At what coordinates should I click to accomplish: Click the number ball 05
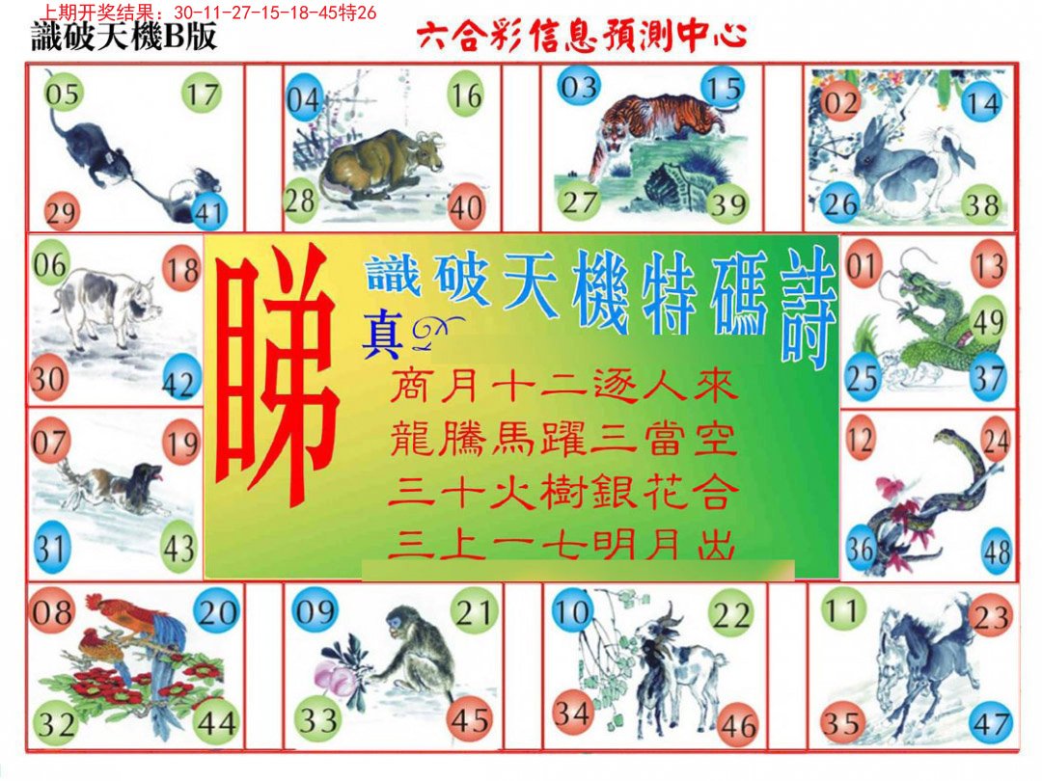[x=63, y=93]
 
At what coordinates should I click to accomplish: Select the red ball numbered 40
[x=466, y=205]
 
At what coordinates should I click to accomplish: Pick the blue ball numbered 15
[x=723, y=88]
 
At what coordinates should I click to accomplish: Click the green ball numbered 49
[x=987, y=322]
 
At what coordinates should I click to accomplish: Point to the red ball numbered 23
[x=991, y=615]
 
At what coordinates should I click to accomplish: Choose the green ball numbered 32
[x=55, y=722]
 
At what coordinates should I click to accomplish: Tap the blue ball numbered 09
[x=315, y=609]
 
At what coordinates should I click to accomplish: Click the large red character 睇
[x=276, y=374]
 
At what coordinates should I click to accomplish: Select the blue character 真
[x=381, y=337]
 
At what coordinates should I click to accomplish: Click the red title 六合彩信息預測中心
[x=583, y=36]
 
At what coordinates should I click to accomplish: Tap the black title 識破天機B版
[x=124, y=36]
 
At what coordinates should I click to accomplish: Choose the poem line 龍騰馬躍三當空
[x=563, y=439]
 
